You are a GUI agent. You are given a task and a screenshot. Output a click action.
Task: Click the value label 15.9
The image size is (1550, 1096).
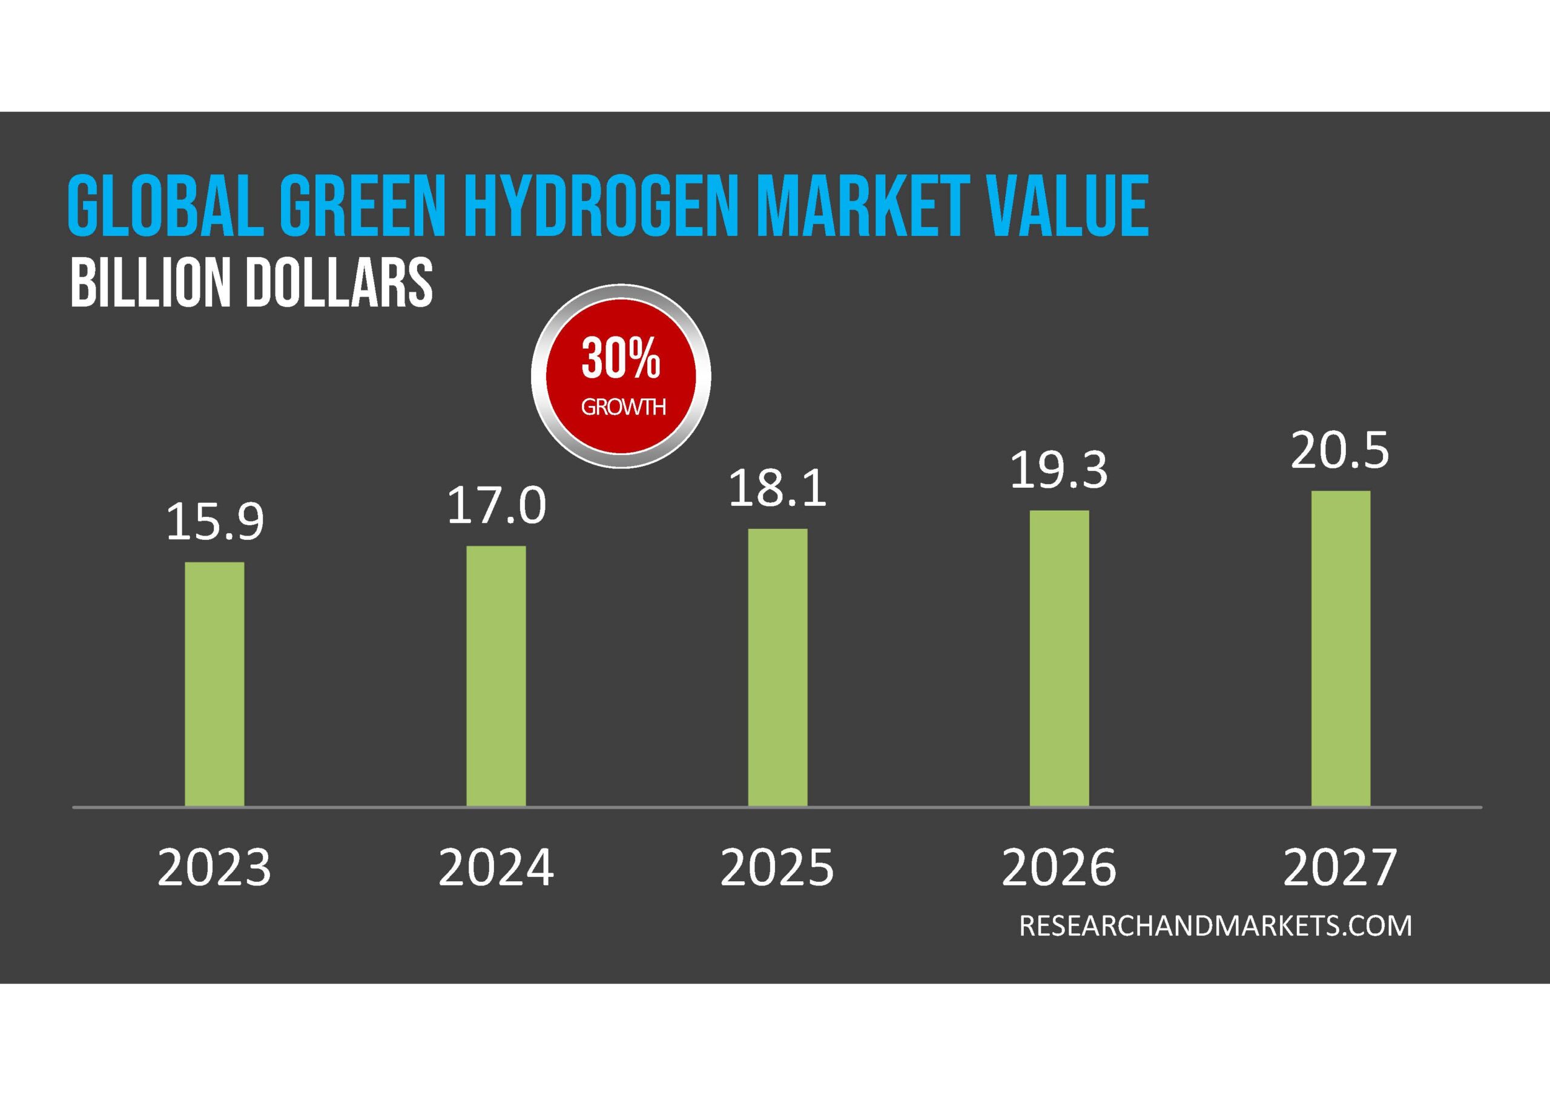tap(215, 522)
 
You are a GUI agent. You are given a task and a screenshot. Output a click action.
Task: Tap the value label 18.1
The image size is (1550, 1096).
tap(777, 488)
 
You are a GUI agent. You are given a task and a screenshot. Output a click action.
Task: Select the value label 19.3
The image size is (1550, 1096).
tap(1059, 470)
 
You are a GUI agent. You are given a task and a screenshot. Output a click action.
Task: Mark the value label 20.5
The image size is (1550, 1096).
tap(1341, 451)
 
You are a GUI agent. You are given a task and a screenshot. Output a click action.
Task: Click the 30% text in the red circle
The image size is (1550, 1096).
tap(621, 359)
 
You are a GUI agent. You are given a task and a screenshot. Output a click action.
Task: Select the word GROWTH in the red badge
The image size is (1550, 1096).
tap(623, 407)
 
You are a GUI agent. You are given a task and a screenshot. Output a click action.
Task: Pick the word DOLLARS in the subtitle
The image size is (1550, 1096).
tap(339, 282)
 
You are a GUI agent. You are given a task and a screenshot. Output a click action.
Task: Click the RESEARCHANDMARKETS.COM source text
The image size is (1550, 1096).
tap(1215, 925)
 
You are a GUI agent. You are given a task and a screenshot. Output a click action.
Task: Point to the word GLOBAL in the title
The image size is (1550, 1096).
tap(166, 206)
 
